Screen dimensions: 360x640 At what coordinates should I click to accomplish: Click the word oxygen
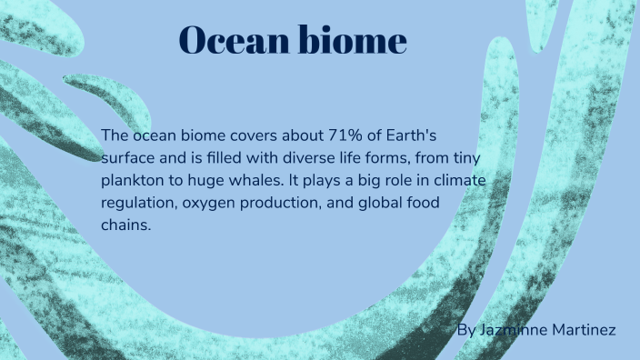pos(207,202)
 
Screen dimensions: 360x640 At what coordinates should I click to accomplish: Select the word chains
pos(125,224)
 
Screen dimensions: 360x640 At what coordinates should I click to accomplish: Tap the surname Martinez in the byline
pos(584,329)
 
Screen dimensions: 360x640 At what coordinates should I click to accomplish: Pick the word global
pos(384,202)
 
